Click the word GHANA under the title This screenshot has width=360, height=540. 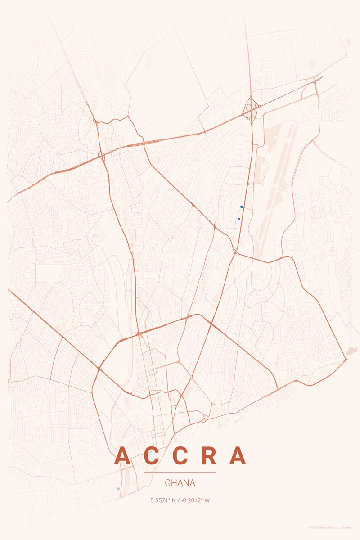click(x=180, y=483)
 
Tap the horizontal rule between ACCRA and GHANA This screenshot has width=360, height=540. click(x=180, y=472)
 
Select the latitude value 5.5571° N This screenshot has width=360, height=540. click(x=165, y=500)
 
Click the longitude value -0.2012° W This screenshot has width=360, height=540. click(x=194, y=500)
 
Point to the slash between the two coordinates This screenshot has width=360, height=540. click(x=180, y=500)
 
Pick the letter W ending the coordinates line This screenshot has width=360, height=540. click(x=207, y=500)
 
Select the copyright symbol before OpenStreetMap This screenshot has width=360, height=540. click(x=309, y=527)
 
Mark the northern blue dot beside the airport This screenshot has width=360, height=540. click(x=242, y=207)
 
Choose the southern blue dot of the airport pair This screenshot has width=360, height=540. click(x=238, y=219)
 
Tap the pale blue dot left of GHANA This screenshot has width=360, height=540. click(x=118, y=488)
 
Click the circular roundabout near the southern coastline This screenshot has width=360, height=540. click(x=204, y=420)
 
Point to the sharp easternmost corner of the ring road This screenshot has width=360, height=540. click(x=346, y=359)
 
